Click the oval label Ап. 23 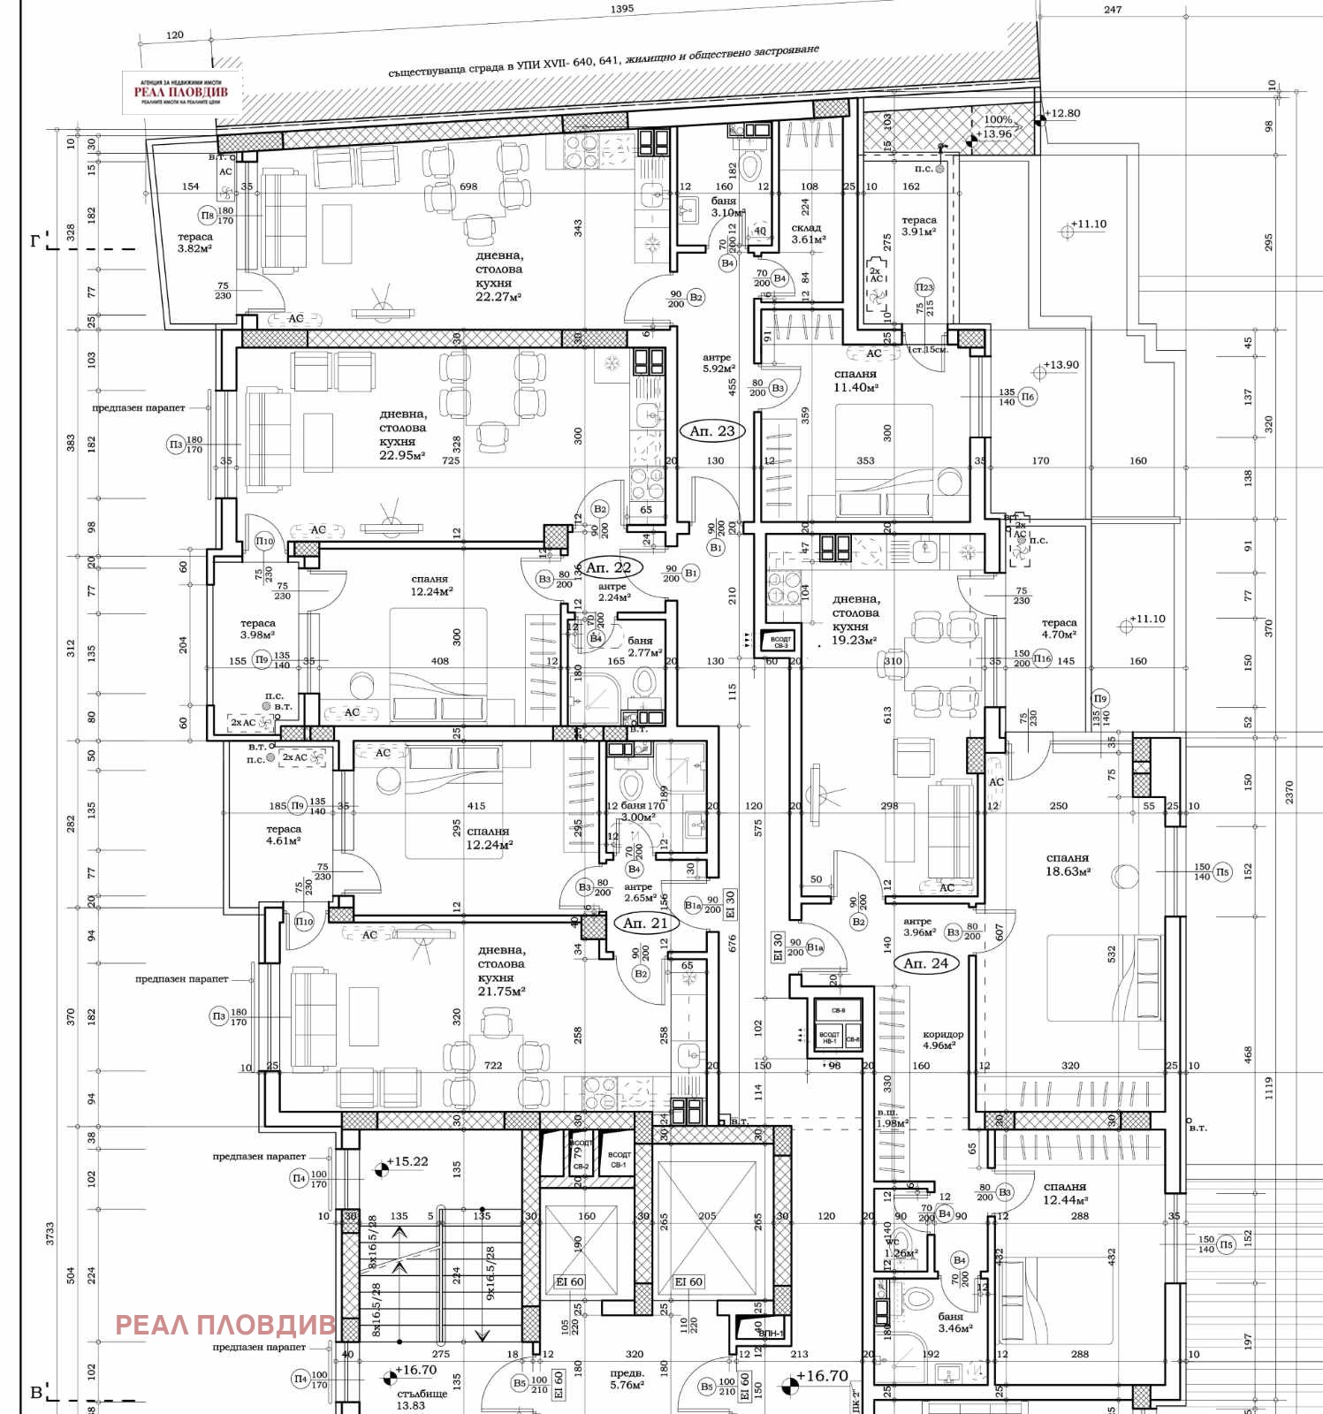pyautogui.click(x=712, y=431)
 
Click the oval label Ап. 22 pyautogui.click(x=609, y=567)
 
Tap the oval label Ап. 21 pyautogui.click(x=645, y=923)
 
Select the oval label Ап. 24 pyautogui.click(x=925, y=963)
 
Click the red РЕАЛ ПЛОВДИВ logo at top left pyautogui.click(x=181, y=92)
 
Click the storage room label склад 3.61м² pyautogui.click(x=808, y=233)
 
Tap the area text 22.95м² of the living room pyautogui.click(x=402, y=455)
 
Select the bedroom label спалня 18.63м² pyautogui.click(x=1068, y=864)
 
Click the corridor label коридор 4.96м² pyautogui.click(x=943, y=1039)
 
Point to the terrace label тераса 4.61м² pyautogui.click(x=284, y=835)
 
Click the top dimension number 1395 pyautogui.click(x=622, y=9)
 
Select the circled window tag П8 pyautogui.click(x=207, y=215)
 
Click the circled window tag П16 pyautogui.click(x=1043, y=658)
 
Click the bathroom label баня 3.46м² pyautogui.click(x=955, y=1322)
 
